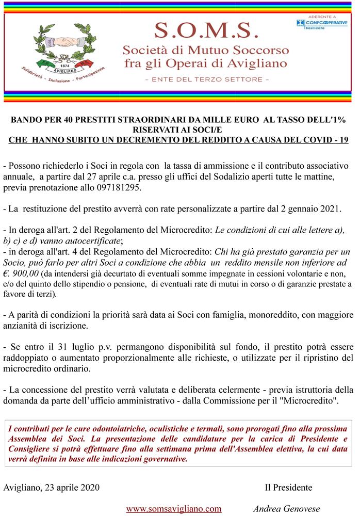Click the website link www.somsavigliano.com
click(x=174, y=508)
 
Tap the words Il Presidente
click(x=288, y=487)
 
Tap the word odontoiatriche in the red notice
click(x=135, y=429)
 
